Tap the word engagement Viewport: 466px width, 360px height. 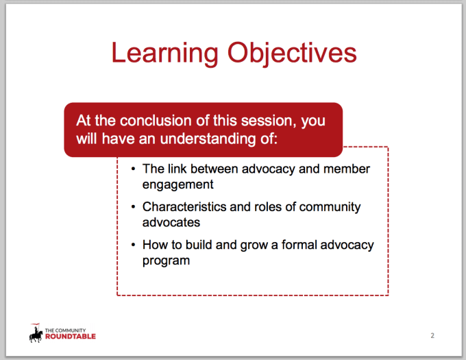[x=177, y=184]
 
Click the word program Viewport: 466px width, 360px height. [x=166, y=261]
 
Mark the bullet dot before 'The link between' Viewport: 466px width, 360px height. [x=132, y=169]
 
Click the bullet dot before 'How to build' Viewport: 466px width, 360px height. [x=132, y=245]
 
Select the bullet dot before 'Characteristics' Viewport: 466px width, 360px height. [x=132, y=207]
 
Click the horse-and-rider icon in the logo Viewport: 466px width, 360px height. [x=36, y=333]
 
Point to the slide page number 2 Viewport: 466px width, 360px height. [x=432, y=335]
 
